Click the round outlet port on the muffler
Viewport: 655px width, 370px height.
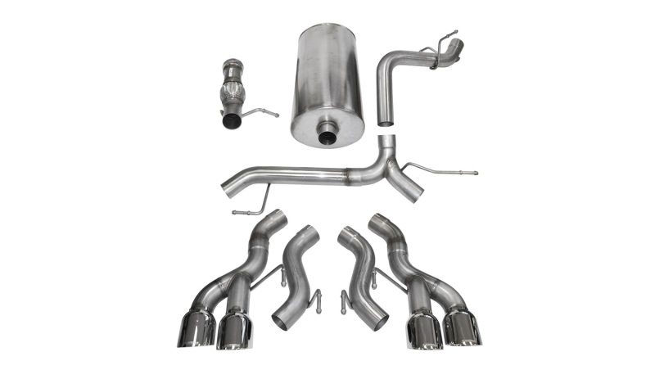point(330,133)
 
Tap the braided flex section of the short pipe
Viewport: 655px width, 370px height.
point(233,90)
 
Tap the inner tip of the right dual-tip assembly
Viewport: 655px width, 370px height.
point(424,332)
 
